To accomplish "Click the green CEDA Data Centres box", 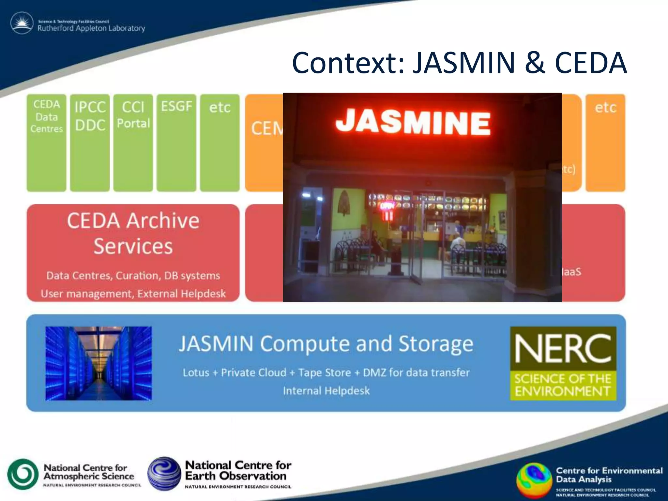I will coord(46,143).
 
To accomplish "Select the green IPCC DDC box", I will coord(90,143).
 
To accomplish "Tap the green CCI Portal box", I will coord(133,143).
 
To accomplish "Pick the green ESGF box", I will coord(176,143).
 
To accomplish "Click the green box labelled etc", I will coord(220,143).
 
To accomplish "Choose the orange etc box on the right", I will coord(605,143).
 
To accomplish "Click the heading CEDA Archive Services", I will coord(133,233).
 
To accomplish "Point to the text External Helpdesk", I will coord(181,294).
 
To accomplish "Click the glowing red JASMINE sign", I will coord(413,122).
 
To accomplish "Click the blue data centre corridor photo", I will coord(99,363).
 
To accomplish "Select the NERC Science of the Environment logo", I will coord(563,363).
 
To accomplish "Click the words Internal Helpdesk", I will coord(326,390).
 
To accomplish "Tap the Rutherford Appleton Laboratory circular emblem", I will coord(22,23).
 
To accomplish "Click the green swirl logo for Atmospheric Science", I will coord(23,474).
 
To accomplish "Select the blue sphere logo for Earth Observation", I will coord(164,474).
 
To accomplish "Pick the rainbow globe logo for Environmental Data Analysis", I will coord(534,480).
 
